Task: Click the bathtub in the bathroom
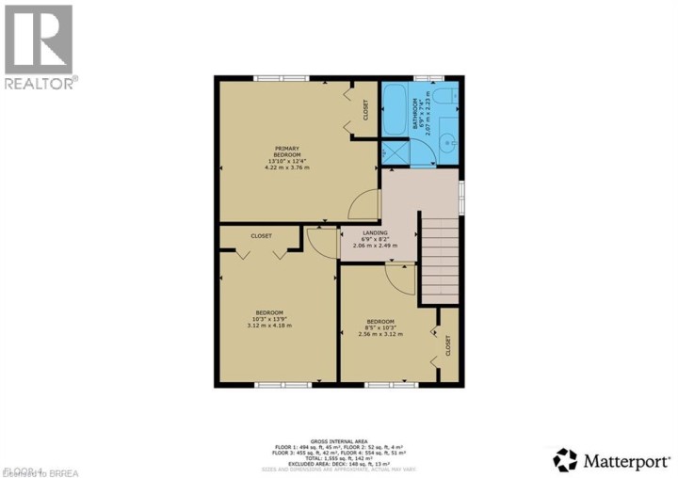[395, 110]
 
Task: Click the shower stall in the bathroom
[395, 153]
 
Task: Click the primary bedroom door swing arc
[361, 205]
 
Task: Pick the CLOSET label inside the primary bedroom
[365, 110]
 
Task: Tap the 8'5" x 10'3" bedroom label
[380, 327]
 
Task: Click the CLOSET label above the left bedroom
[262, 236]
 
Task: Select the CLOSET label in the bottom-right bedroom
[448, 345]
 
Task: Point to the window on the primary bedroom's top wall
[282, 78]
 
